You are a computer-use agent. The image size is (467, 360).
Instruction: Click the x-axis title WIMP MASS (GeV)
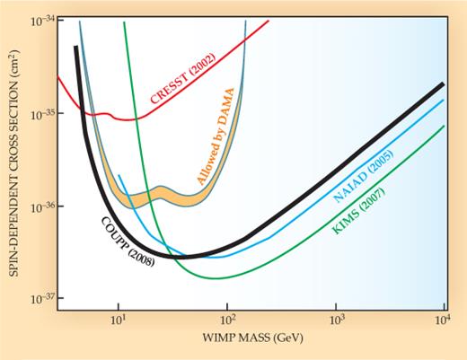coord(249,342)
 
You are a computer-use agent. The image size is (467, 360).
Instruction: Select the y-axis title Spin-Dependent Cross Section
coord(12,163)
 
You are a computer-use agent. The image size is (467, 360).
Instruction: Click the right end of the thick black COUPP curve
coord(444,83)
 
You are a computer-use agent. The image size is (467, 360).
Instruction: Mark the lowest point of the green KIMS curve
coord(216,278)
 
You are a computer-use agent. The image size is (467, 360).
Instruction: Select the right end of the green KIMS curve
coord(444,127)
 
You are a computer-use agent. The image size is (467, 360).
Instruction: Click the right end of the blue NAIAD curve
coord(444,101)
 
